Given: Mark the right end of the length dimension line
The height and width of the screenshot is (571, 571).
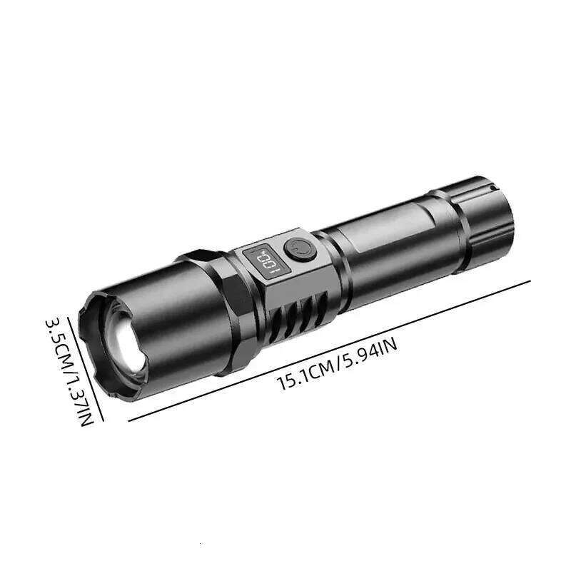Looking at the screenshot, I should [530, 281].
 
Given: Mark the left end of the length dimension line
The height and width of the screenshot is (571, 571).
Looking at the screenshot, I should [129, 420].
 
